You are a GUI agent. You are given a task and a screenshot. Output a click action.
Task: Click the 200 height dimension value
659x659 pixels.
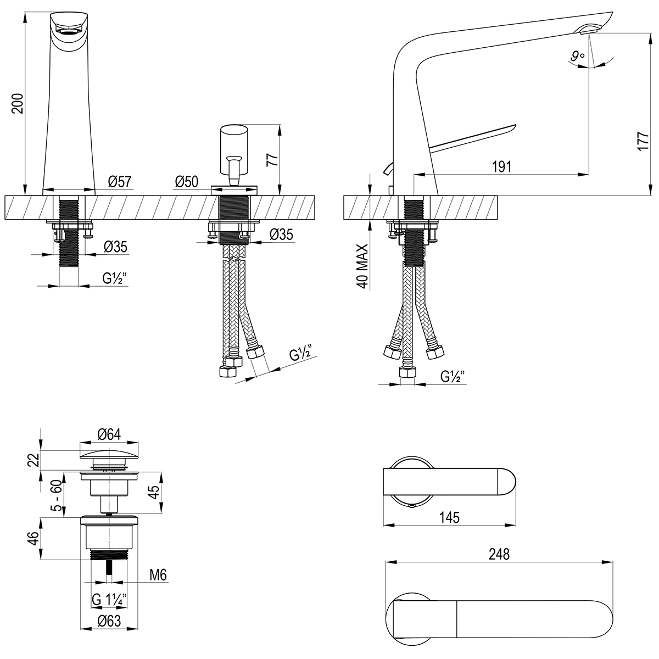[x=18, y=103]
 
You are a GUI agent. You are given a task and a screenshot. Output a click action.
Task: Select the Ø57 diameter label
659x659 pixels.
[x=120, y=181]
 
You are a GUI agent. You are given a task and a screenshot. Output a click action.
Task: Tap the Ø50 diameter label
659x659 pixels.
[x=187, y=181]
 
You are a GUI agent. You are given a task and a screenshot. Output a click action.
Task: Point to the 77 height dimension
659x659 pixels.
[x=271, y=159]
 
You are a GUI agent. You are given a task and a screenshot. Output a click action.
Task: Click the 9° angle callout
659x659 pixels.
[x=576, y=55]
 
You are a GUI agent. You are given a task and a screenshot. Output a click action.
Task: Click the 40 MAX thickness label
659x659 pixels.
[x=362, y=267]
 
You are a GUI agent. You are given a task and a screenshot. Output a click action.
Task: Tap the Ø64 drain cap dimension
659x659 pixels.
[x=109, y=434]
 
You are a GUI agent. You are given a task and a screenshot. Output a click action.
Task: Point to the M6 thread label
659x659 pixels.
[x=158, y=575]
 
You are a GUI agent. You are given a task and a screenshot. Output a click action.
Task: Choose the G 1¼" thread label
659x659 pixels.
[x=110, y=600]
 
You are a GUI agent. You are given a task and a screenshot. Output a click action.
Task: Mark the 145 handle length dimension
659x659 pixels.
[x=449, y=517]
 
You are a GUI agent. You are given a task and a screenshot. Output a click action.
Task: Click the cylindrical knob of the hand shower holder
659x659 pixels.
[x=234, y=142]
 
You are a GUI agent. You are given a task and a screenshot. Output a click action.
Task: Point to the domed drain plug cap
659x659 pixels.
[x=109, y=454]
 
